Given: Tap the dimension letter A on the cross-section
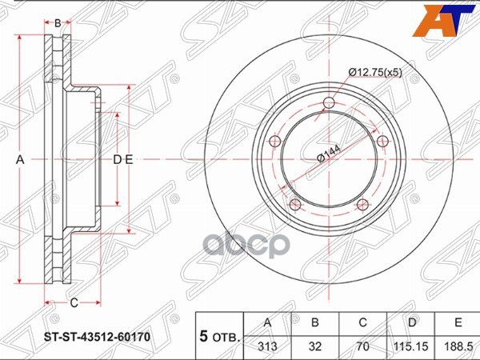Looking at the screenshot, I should [x=21, y=160].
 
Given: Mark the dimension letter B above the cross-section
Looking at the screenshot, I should [x=57, y=22].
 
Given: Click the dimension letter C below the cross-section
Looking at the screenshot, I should [x=73, y=302].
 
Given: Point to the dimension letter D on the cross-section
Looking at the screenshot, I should [x=117, y=160].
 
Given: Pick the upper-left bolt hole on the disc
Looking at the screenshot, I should [x=275, y=141].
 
